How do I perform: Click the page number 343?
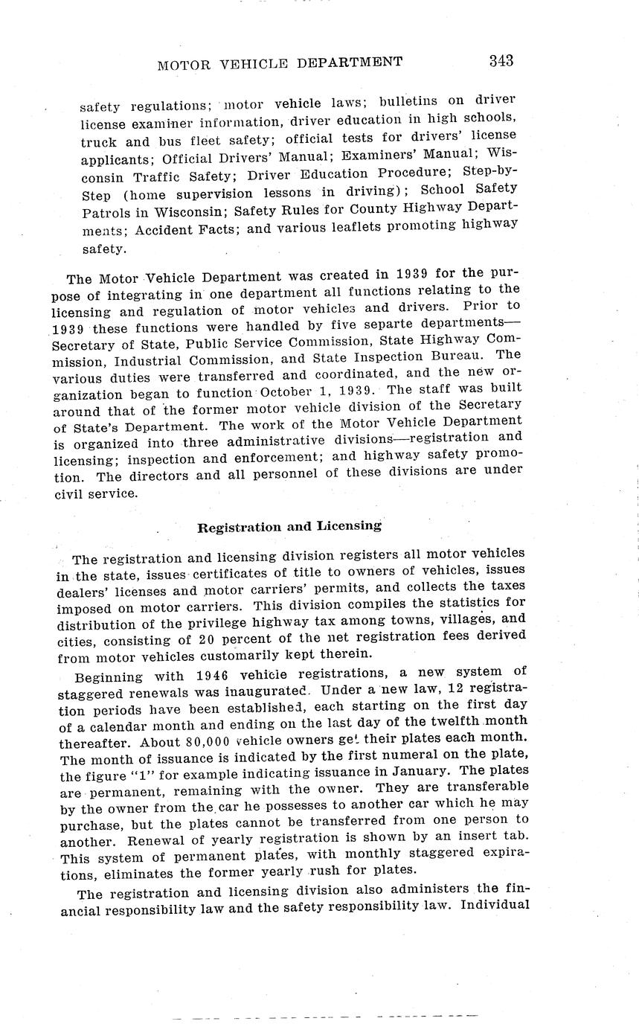tap(501, 61)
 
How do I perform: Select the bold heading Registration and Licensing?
tap(289, 527)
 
